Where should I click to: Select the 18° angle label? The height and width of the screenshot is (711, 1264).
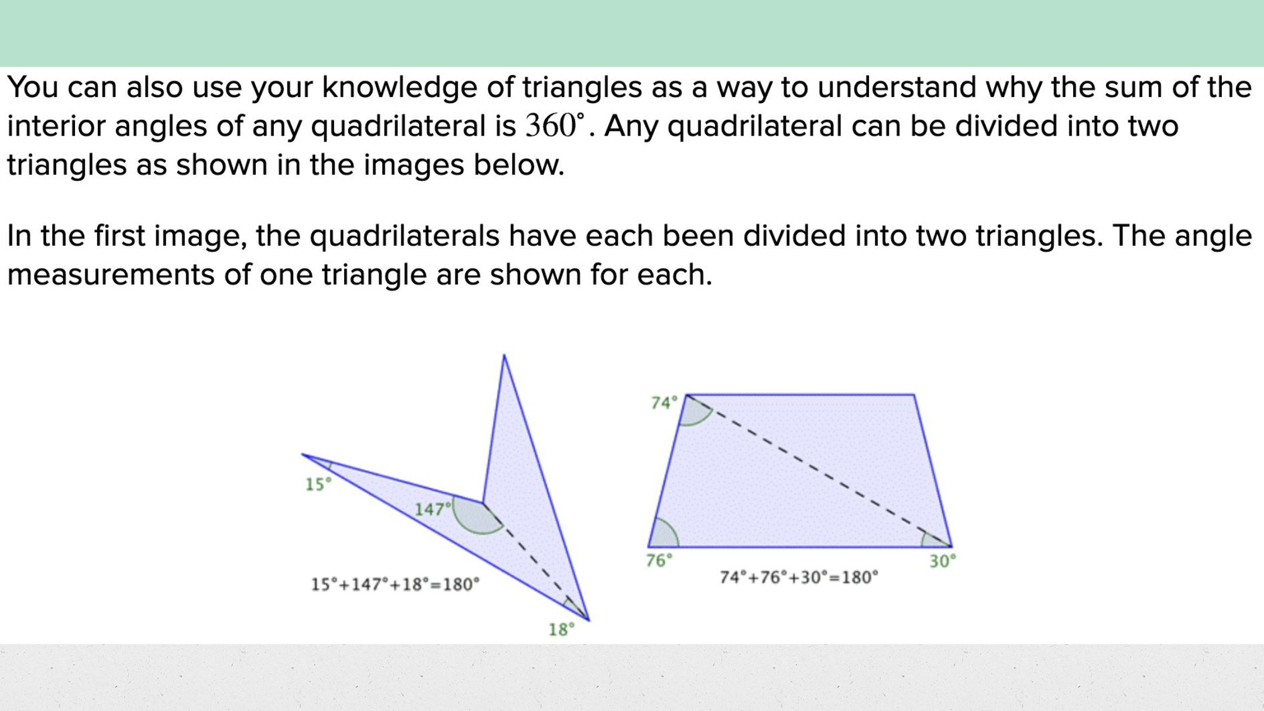tap(561, 630)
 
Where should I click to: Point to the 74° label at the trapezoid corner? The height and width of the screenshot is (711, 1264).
tap(664, 403)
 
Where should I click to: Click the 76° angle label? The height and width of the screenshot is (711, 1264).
tap(659, 561)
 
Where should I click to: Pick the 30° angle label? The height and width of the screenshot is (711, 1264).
tap(943, 561)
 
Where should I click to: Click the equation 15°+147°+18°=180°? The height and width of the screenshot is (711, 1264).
tap(395, 584)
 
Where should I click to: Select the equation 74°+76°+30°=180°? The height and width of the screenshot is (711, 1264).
tap(799, 578)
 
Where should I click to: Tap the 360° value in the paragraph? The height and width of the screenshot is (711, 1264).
tap(555, 125)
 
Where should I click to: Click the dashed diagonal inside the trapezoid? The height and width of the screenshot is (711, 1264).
tap(819, 471)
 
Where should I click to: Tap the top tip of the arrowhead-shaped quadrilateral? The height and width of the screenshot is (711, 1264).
tap(504, 355)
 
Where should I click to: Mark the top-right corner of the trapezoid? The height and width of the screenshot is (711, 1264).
tap(913, 395)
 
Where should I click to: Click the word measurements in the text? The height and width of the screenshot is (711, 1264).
tap(111, 275)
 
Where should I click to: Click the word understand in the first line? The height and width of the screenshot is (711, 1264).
tap(897, 87)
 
